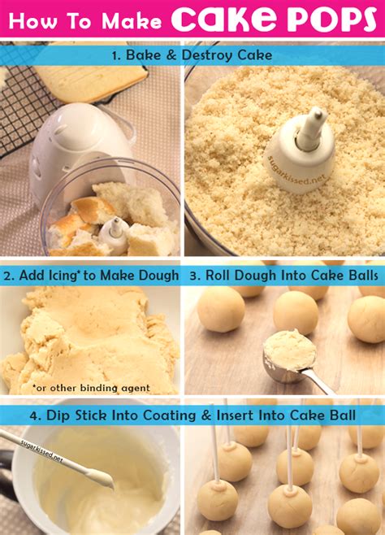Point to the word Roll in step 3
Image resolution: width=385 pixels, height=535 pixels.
click(218, 276)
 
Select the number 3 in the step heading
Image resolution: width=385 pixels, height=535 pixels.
click(194, 276)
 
